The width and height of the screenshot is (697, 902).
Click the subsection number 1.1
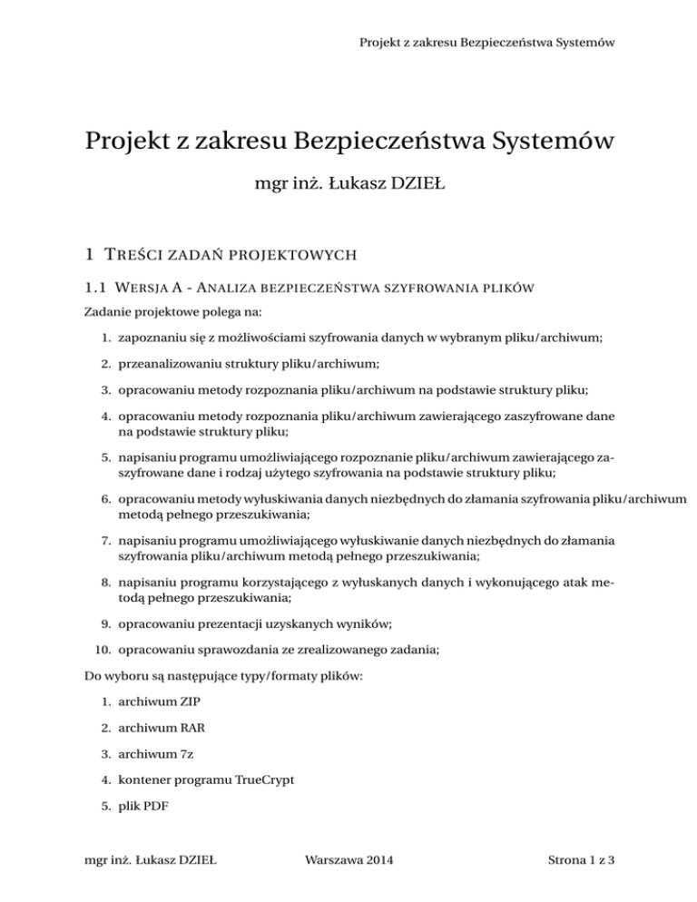[93, 289]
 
